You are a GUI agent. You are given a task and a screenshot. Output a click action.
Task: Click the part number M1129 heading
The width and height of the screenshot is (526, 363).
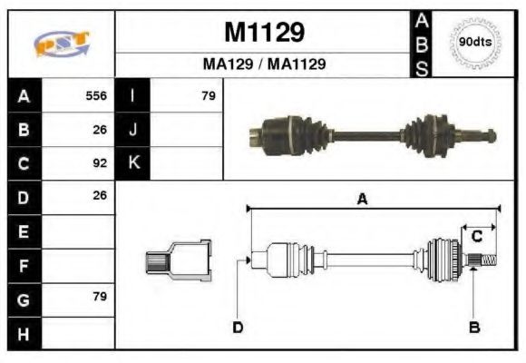pos(263,34)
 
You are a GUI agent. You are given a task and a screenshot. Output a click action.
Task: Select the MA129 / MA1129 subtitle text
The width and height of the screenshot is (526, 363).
pos(263,64)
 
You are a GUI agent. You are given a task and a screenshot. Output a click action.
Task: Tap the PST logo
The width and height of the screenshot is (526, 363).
pos(61,44)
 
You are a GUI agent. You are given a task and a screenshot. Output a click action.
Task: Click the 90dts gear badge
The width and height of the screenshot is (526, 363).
pos(475,42)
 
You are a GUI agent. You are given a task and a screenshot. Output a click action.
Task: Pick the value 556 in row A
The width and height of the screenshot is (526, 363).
pos(96,95)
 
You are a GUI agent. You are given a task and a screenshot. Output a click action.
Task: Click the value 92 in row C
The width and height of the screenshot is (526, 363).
pos(100,164)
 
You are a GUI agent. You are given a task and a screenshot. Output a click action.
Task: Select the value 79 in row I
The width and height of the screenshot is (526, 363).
pos(208,95)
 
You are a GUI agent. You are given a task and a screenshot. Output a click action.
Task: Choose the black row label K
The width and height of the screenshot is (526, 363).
pos(132,163)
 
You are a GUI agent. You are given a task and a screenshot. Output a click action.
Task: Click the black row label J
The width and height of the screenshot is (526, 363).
pos(132,130)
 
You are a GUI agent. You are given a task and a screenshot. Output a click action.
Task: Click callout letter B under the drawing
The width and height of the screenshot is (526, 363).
pos(473,328)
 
